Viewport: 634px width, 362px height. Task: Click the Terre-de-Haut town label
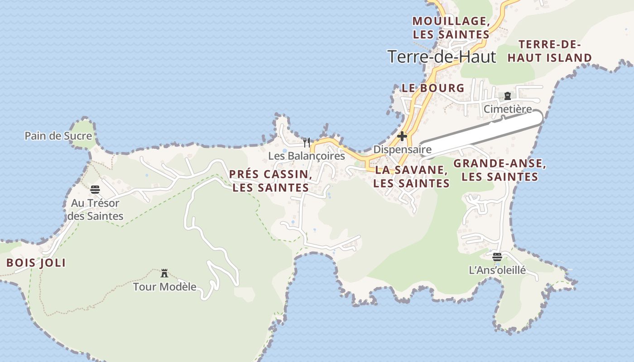[x=442, y=57]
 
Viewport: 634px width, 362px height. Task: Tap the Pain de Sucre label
[x=58, y=136]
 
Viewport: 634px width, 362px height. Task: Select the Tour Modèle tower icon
[x=164, y=273]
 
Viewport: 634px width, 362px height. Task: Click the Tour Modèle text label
[x=165, y=286]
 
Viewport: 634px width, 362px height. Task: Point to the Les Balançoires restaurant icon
[x=307, y=143]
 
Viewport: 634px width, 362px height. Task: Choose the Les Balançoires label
[x=307, y=156]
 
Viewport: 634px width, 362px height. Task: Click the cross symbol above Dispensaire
[x=402, y=136]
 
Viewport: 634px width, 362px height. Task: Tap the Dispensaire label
[x=402, y=149]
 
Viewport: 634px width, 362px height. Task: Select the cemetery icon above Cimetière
[x=507, y=96]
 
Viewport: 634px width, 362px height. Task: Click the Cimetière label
[x=507, y=109]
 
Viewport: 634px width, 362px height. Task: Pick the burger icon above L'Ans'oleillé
[x=497, y=257]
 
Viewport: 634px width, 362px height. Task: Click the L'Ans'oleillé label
[x=497, y=271]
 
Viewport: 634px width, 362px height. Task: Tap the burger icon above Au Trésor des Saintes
[x=95, y=189]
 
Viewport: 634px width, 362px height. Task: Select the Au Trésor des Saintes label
[x=95, y=210]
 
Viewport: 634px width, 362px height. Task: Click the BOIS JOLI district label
[x=36, y=263]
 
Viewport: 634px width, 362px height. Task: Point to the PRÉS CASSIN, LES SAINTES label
[x=270, y=181]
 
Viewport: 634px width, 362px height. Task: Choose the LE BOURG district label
[x=433, y=88]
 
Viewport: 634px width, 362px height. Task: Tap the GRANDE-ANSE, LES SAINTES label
[x=500, y=170]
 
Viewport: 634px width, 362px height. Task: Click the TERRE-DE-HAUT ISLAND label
[x=549, y=51]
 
